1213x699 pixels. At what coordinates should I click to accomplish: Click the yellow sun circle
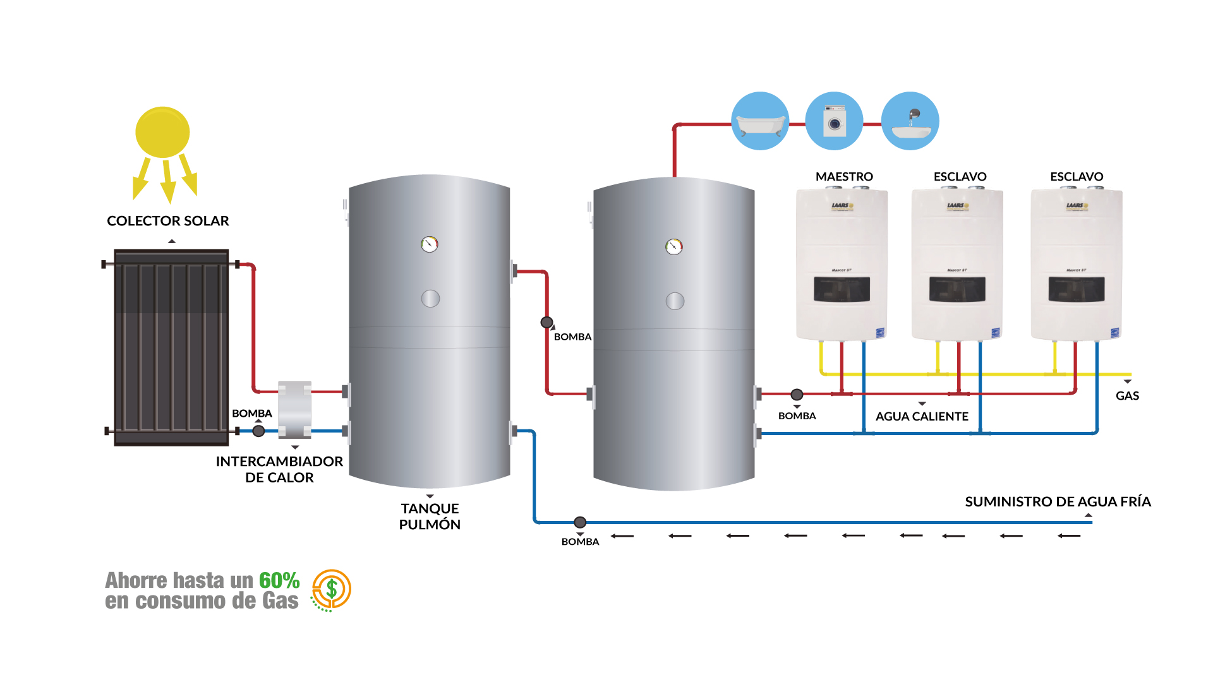[x=162, y=132]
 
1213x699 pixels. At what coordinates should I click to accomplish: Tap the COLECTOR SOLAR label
[x=168, y=221]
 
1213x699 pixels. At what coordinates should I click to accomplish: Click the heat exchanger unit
[x=294, y=410]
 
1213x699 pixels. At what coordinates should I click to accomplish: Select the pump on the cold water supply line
[x=580, y=522]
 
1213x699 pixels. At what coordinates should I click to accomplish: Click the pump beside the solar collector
[x=258, y=431]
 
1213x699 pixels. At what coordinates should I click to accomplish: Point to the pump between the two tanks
[x=547, y=323]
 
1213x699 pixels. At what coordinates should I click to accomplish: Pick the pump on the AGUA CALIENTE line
[x=797, y=395]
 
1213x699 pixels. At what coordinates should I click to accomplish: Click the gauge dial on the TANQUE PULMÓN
[x=430, y=244]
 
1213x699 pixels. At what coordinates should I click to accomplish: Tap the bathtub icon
[x=760, y=121]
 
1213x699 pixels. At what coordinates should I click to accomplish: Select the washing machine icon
[x=834, y=121]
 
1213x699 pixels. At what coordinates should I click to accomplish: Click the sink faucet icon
[x=910, y=121]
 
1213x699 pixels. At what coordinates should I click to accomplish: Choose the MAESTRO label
[x=844, y=177]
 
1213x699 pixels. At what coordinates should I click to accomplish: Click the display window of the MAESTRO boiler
[x=842, y=289]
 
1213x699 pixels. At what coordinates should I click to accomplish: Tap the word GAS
[x=1127, y=396]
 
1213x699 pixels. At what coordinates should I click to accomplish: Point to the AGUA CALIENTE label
[x=922, y=417]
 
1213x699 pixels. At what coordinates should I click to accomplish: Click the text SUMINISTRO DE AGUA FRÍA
[x=1058, y=502]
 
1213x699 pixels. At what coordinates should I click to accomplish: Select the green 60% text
[x=279, y=580]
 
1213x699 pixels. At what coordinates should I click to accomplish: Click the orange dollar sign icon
[x=332, y=590]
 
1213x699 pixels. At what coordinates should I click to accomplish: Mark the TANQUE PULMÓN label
[x=430, y=517]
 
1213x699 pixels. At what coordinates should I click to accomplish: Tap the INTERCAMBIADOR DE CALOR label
[x=279, y=469]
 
